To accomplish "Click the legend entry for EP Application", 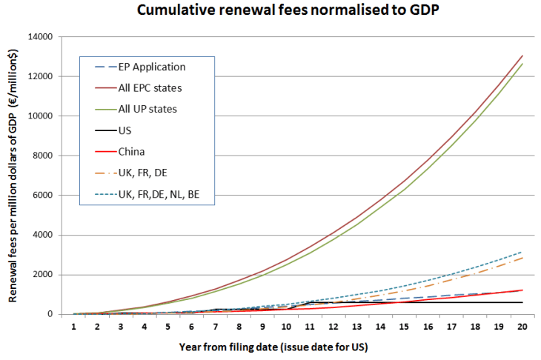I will tap(151, 67).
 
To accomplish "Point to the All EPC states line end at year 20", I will tap(522, 56).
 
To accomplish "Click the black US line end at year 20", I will tap(522, 302).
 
